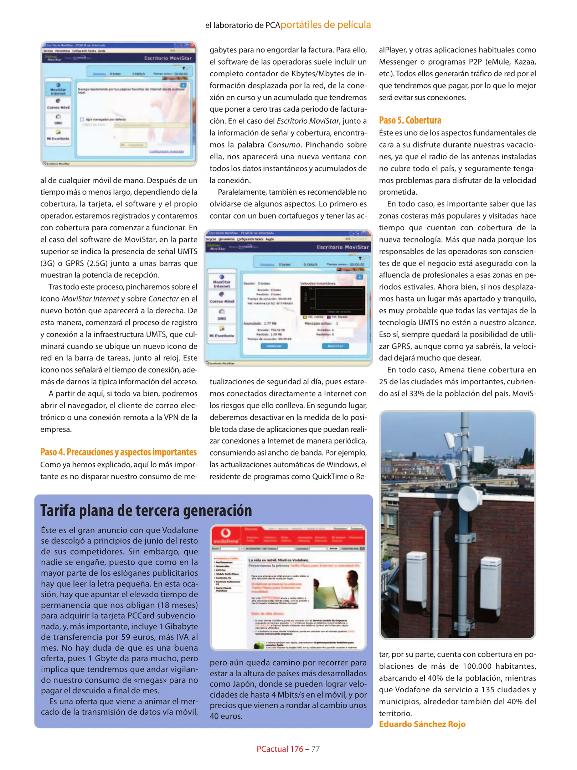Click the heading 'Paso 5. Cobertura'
[x=410, y=120]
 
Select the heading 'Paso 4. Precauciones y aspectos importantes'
[x=118, y=452]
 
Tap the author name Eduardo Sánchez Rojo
[x=422, y=724]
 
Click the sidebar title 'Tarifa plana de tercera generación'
[x=146, y=510]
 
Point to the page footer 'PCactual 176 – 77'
[x=288, y=749]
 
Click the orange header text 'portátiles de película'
[x=325, y=25]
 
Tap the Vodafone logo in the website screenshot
[x=225, y=535]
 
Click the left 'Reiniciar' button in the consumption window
[x=274, y=346]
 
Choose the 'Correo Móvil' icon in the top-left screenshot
[x=58, y=104]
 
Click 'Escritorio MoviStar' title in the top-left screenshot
[x=168, y=58]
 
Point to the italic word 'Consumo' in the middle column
[x=284, y=145]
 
